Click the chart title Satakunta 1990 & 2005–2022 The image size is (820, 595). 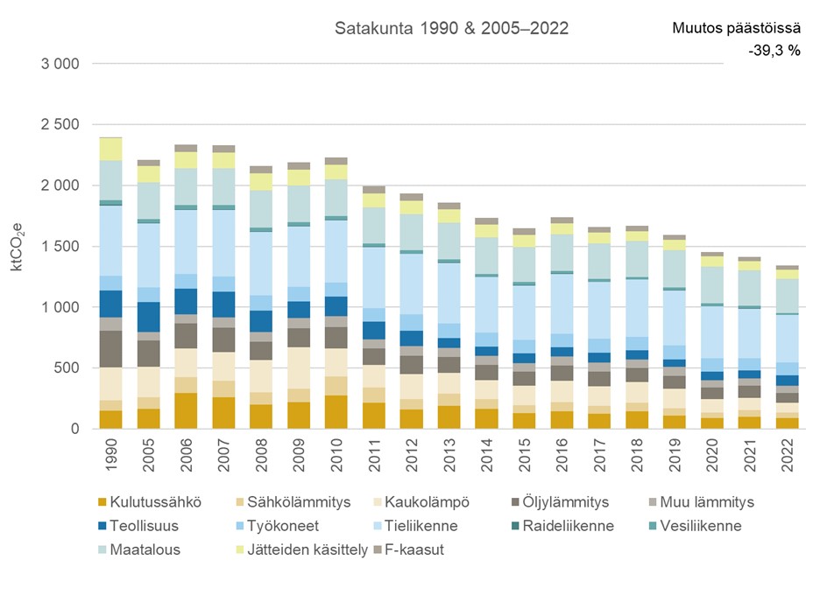pos(451,29)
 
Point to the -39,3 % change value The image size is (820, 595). pos(774,51)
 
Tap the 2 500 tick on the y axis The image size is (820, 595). pos(60,125)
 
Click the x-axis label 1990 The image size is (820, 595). pos(111,458)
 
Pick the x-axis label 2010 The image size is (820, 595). pos(336,458)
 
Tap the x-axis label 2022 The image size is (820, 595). pos(787,458)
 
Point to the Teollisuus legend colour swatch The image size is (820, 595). pos(102,526)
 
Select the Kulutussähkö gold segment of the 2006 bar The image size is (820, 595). pos(186,411)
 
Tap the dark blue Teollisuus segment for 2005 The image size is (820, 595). pos(148,317)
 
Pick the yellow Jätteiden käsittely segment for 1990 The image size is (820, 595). pos(110,149)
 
